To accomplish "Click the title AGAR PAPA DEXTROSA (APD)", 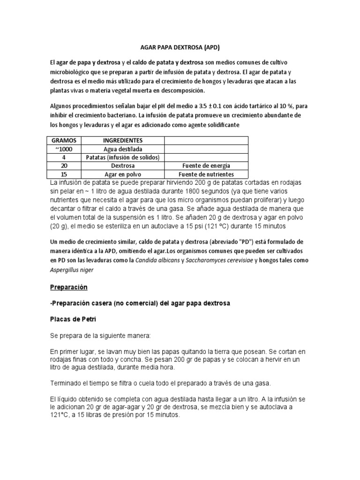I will coord(180,47).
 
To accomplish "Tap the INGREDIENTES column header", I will coord(123,140).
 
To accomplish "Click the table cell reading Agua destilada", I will coord(123,149).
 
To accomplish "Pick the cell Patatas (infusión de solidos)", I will coord(123,157).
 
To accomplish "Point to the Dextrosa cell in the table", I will coord(123,165).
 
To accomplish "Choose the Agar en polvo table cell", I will coord(123,174).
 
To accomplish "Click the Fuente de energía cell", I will coord(206,165).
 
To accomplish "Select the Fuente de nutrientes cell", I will coord(206,174).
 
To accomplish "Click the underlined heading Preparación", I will coord(68,286).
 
